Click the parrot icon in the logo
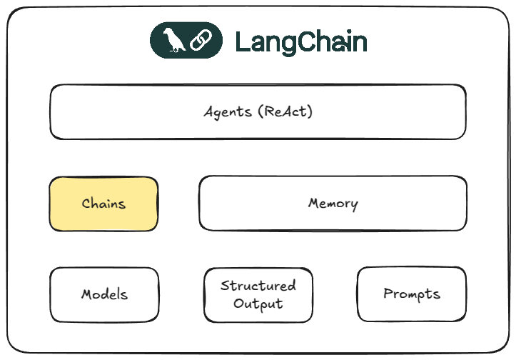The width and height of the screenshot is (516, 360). (173, 41)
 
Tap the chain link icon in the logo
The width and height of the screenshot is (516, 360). (197, 41)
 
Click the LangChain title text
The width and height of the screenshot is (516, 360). (300, 42)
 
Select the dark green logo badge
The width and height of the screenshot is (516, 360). (185, 41)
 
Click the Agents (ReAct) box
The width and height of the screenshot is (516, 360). (258, 112)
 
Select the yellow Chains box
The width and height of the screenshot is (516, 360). (103, 204)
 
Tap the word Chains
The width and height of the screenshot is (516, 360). (103, 204)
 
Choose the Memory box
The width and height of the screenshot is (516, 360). (333, 204)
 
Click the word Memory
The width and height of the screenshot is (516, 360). (333, 204)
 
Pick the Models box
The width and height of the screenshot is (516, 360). (104, 294)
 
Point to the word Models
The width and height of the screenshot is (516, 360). (104, 294)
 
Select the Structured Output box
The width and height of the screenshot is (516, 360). (258, 294)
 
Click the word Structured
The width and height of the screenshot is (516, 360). (258, 286)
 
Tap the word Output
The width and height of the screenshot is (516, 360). (258, 304)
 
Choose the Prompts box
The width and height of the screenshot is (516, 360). (411, 294)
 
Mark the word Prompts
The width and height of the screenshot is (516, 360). (411, 294)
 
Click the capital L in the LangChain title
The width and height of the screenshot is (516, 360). (242, 42)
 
